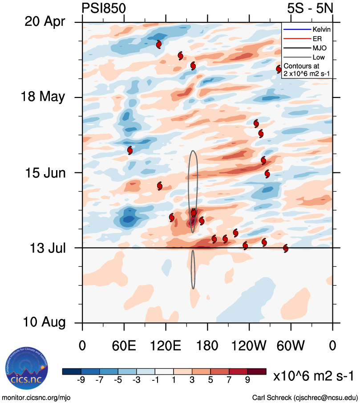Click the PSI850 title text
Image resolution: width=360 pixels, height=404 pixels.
[104, 8]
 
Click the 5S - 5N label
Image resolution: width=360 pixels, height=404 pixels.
[310, 8]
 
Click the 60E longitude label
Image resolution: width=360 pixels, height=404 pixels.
[124, 345]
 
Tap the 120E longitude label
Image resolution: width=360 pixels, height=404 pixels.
[166, 345]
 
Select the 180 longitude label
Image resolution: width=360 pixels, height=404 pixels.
[207, 345]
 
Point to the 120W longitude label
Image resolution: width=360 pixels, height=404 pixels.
[249, 345]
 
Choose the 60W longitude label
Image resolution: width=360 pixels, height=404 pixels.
[291, 345]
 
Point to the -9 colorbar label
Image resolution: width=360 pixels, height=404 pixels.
[81, 380]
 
